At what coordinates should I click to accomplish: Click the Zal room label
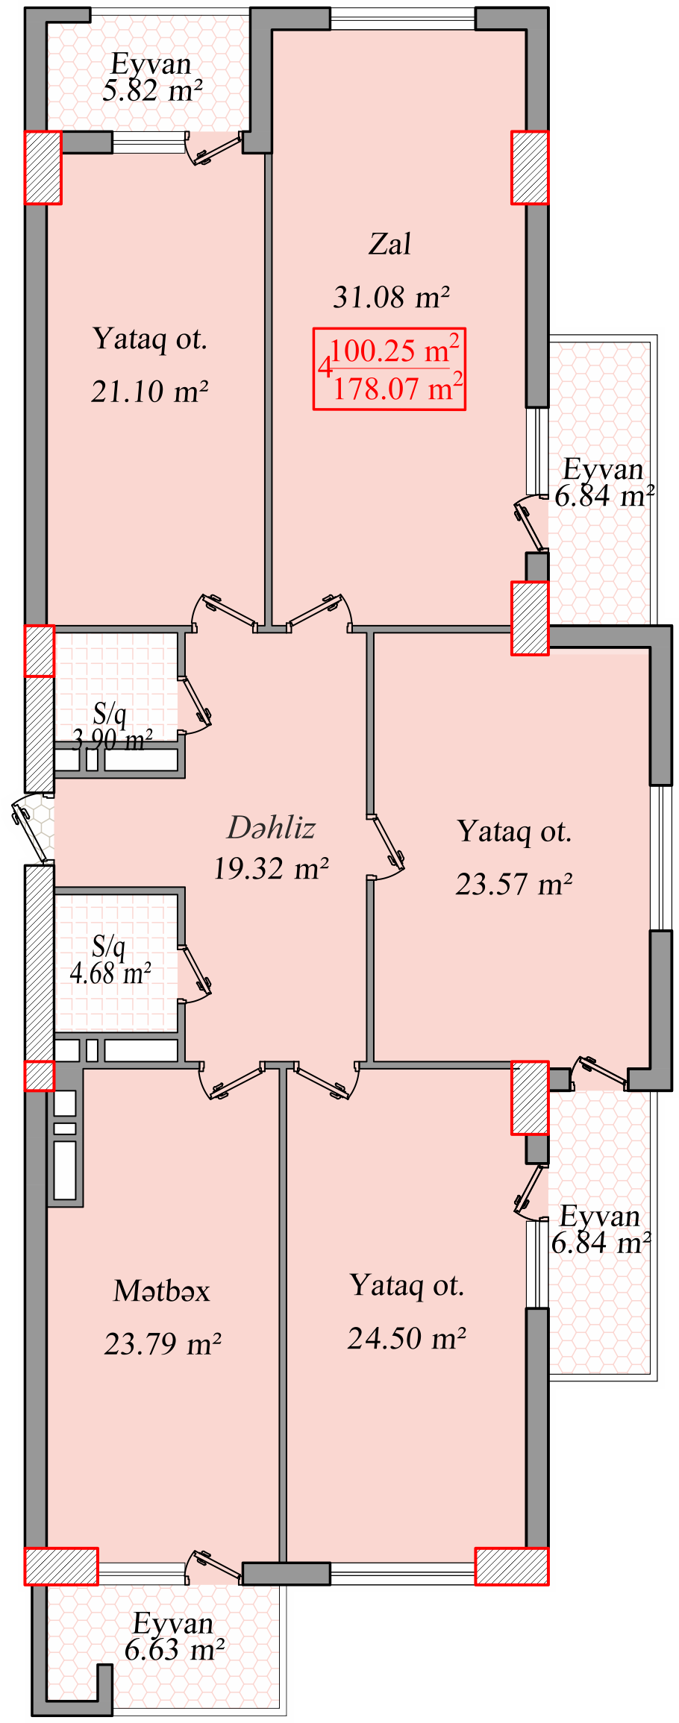[x=389, y=244]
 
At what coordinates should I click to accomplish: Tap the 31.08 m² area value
[x=391, y=297]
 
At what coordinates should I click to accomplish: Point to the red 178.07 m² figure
[x=398, y=387]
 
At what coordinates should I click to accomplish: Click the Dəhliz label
[x=271, y=827]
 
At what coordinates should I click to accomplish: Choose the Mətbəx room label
[x=162, y=1290]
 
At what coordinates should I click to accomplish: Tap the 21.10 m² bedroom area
[x=149, y=391]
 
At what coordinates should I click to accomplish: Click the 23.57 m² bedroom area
[x=514, y=884]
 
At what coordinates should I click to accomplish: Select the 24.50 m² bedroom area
[x=407, y=1338]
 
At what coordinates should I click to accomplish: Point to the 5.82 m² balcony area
[x=152, y=91]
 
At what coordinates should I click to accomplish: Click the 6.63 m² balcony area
[x=175, y=1649]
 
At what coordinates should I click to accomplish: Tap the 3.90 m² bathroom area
[x=112, y=740]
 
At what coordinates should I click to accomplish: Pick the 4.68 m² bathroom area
[x=110, y=973]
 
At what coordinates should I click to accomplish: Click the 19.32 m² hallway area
[x=271, y=868]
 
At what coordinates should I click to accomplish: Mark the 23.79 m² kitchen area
[x=163, y=1343]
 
